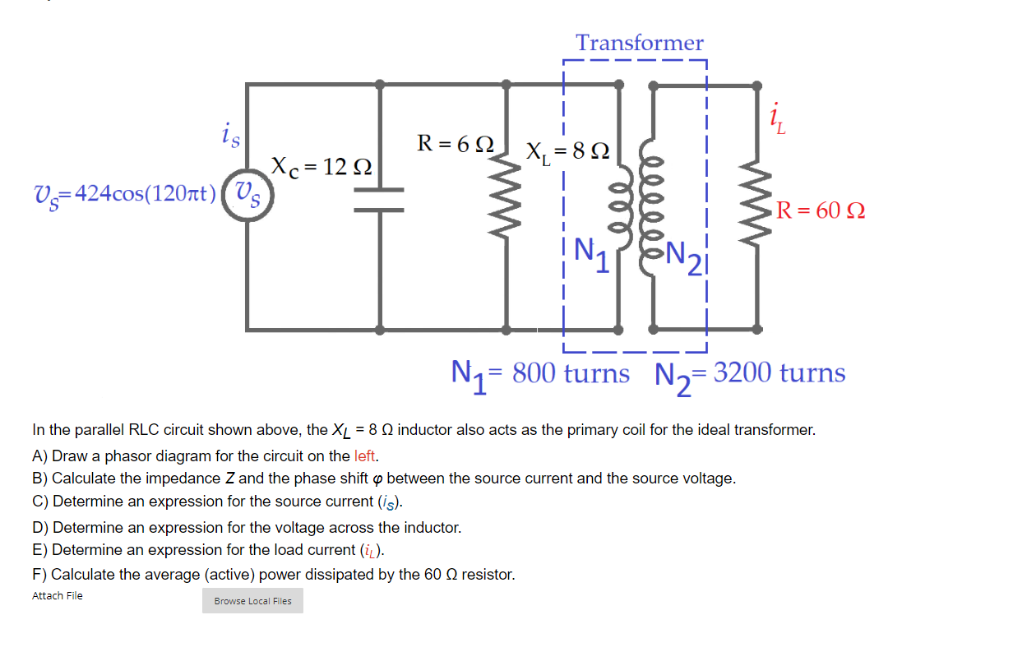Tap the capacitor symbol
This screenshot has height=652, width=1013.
[x=379, y=200]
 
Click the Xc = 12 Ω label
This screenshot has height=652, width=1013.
[x=321, y=167]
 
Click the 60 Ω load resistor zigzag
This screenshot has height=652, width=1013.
[x=757, y=210]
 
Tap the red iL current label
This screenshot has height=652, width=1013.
[x=776, y=121]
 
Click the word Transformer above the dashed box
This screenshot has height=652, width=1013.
[x=639, y=43]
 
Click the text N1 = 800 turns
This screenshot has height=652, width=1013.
[x=540, y=374]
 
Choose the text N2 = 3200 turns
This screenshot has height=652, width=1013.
[x=749, y=374]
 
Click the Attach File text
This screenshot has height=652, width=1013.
[x=58, y=596]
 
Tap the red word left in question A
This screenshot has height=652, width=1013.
[x=365, y=455]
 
